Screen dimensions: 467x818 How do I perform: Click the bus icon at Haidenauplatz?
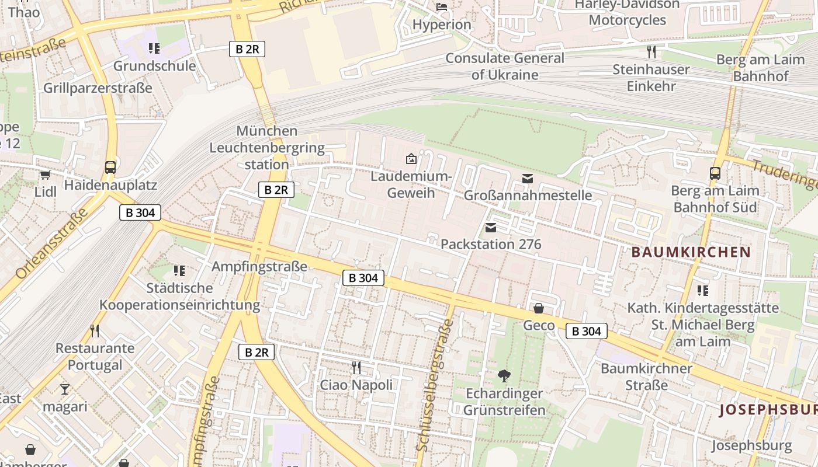pyautogui.click(x=110, y=168)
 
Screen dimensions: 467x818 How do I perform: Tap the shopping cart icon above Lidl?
pyautogui.click(x=45, y=175)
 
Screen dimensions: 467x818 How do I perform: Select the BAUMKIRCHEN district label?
pyautogui.click(x=691, y=252)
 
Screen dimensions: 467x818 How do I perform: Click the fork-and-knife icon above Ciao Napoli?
pyautogui.click(x=356, y=367)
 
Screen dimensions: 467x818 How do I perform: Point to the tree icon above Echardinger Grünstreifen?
pyautogui.click(x=504, y=376)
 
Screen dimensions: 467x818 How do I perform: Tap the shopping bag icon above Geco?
pyautogui.click(x=539, y=308)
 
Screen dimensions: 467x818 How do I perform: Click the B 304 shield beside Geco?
pyautogui.click(x=587, y=332)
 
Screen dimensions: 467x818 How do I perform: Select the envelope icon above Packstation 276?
pyautogui.click(x=491, y=227)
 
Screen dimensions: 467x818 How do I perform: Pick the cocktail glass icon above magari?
pyautogui.click(x=64, y=389)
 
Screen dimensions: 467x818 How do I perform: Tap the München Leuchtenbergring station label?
pyautogui.click(x=267, y=148)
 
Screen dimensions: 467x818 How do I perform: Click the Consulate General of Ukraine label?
pyautogui.click(x=505, y=67)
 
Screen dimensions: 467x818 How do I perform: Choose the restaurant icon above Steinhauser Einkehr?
pyautogui.click(x=651, y=52)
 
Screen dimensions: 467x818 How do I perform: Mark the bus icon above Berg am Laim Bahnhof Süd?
pyautogui.click(x=715, y=173)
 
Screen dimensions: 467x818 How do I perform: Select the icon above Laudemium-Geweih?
pyautogui.click(x=411, y=159)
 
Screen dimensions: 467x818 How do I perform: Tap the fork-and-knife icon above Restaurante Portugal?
pyautogui.click(x=95, y=331)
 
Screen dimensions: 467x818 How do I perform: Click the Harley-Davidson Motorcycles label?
pyautogui.click(x=627, y=12)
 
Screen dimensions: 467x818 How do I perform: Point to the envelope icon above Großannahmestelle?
pyautogui.click(x=528, y=178)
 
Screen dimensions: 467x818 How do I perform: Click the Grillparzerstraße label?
pyautogui.click(x=98, y=88)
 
